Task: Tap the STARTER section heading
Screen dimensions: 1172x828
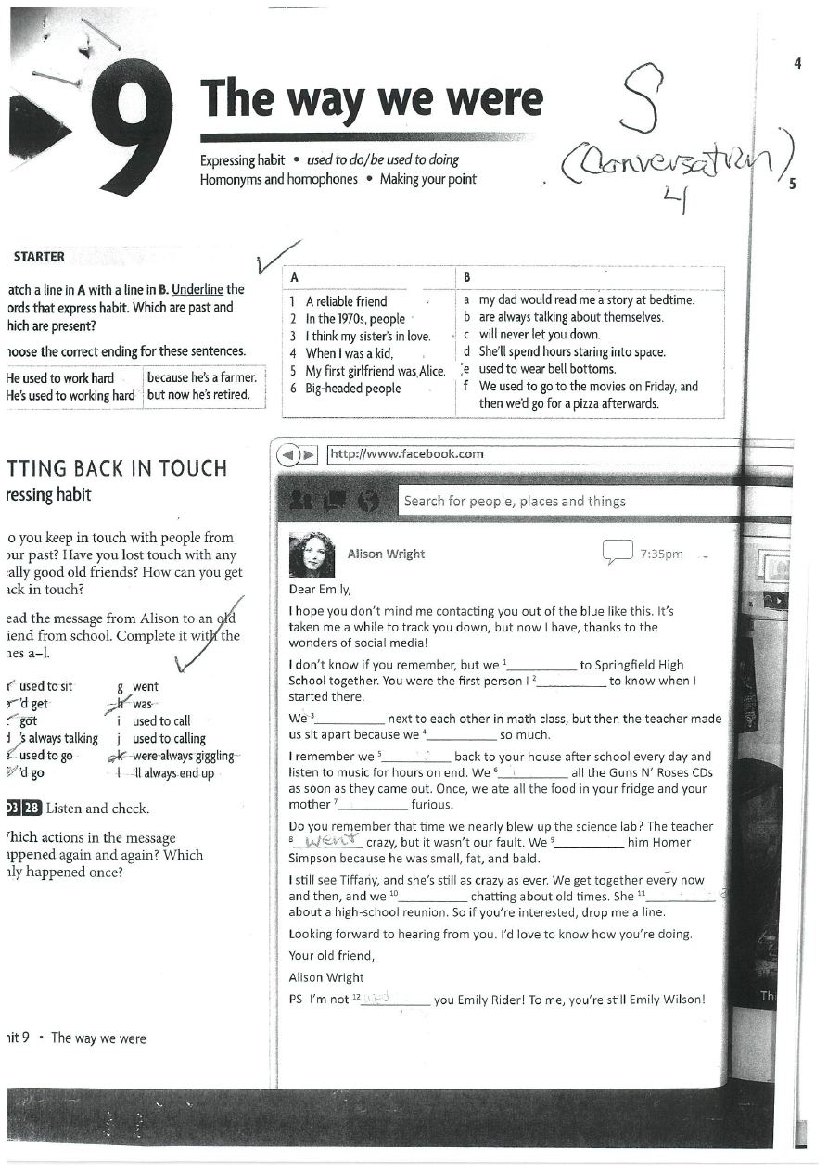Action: pos(39,257)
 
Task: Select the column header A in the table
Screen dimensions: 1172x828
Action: pos(294,277)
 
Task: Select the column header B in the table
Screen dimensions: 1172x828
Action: pos(467,277)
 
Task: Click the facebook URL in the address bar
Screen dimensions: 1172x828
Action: pos(407,453)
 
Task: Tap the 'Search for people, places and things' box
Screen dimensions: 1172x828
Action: pos(515,502)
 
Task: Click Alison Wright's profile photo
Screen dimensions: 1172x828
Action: pos(312,554)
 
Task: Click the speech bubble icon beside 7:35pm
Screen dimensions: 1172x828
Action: pos(617,553)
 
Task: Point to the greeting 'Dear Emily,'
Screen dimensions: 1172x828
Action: pos(320,589)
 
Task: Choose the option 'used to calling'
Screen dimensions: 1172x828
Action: pos(169,739)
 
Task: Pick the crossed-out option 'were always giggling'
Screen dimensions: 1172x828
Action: pos(183,756)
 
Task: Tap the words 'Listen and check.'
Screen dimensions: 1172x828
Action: pos(97,809)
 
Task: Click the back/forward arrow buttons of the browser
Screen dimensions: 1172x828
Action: pos(299,454)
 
